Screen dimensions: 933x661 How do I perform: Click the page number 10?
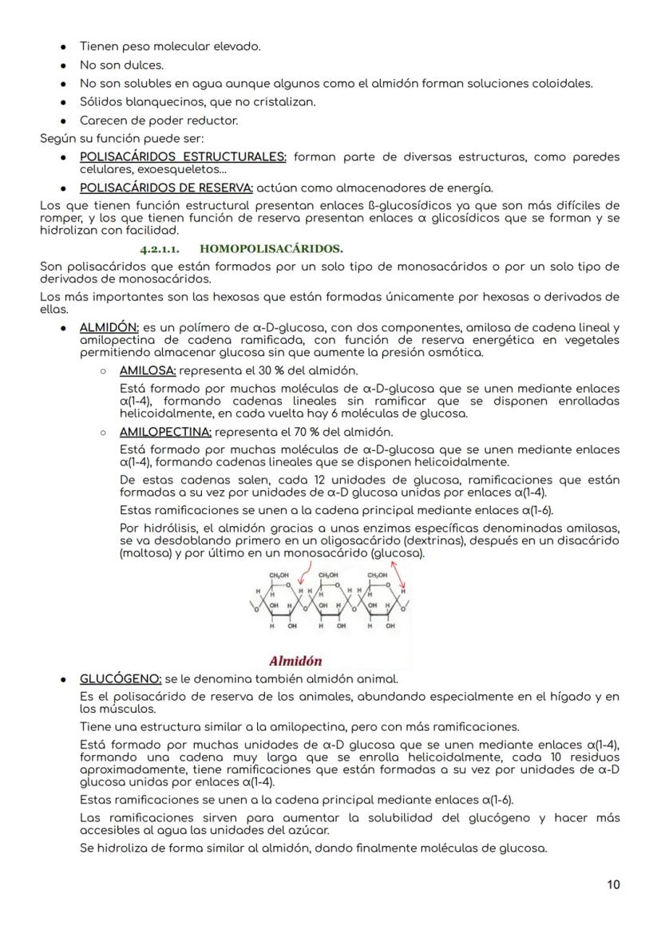[612, 884]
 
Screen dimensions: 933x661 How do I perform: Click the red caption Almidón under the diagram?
[295, 661]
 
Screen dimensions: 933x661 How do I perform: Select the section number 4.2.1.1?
[159, 249]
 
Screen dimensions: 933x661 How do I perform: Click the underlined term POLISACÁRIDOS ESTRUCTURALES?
[183, 157]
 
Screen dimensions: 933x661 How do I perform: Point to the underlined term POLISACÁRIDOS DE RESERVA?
[166, 188]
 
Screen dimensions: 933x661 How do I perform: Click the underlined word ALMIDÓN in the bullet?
[109, 327]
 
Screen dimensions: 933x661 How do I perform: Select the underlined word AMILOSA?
[148, 370]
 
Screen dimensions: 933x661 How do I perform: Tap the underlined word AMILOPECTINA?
[165, 432]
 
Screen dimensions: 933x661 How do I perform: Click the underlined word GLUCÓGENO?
[121, 679]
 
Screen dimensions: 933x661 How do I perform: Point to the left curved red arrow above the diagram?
[303, 572]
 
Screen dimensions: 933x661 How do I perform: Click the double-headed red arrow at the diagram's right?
[398, 578]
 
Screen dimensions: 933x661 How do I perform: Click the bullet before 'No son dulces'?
[63, 65]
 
